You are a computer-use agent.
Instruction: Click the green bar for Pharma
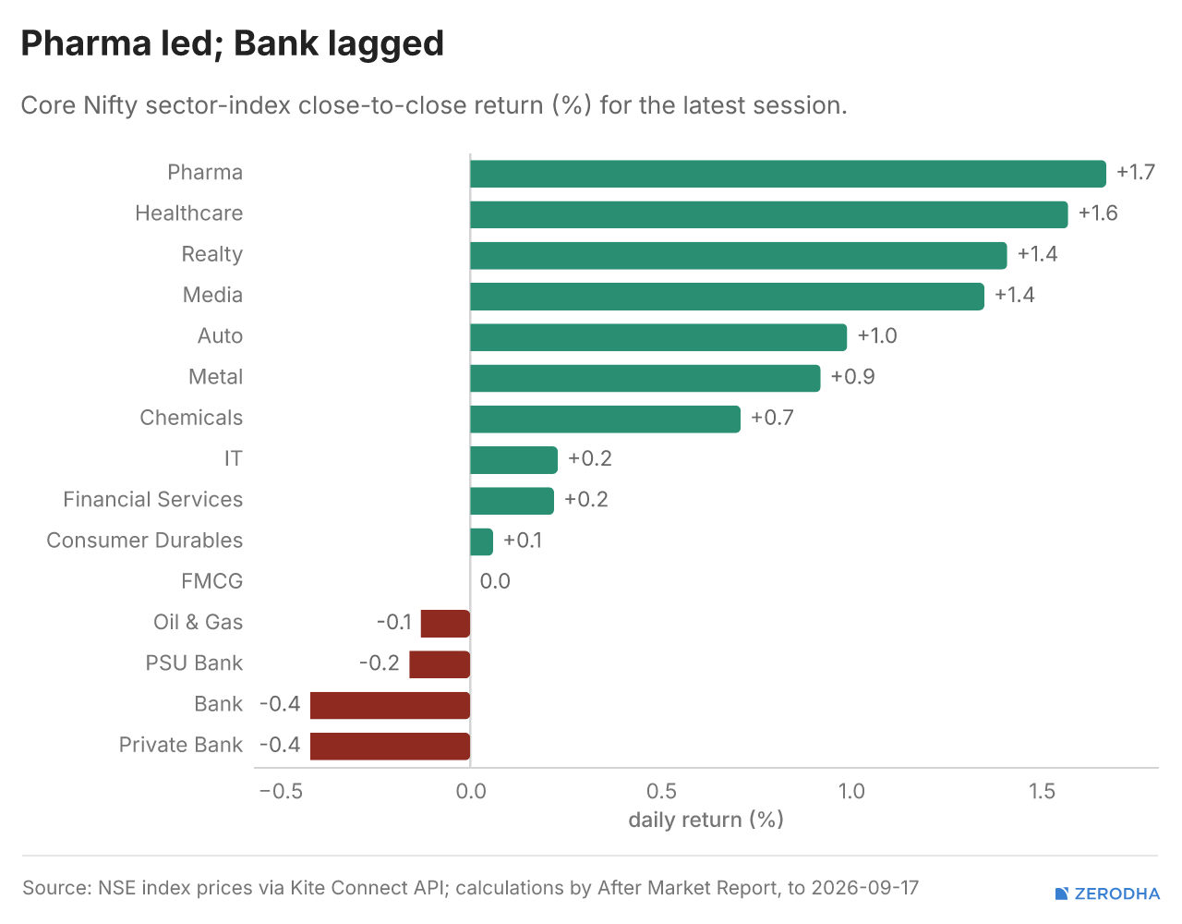[x=788, y=174]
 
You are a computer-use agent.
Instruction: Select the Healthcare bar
[x=768, y=214]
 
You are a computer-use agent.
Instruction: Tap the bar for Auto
[x=658, y=337]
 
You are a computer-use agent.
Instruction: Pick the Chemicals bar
[x=605, y=419]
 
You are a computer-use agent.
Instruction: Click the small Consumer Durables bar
[x=481, y=541]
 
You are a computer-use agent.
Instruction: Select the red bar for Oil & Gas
[x=445, y=624]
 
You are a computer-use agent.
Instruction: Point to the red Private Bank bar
[x=390, y=746]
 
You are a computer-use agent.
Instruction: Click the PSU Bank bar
[x=440, y=664]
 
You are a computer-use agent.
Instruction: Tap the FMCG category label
[x=211, y=581]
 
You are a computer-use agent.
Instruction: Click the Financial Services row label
[x=153, y=500]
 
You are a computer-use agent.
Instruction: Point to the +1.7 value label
[x=1136, y=173]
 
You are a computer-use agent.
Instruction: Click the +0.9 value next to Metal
[x=853, y=377]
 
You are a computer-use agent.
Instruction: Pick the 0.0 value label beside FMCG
[x=495, y=581]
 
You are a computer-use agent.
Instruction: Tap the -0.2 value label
[x=380, y=663]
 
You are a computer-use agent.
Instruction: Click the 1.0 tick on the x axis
[x=851, y=792]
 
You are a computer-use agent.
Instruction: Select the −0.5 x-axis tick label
[x=281, y=792]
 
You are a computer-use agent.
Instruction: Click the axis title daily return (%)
[x=706, y=821]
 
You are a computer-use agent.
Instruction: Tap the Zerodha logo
[x=1107, y=894]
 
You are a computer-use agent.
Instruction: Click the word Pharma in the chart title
[x=85, y=43]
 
